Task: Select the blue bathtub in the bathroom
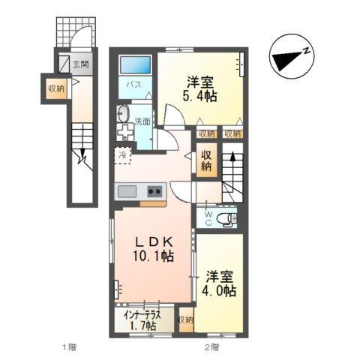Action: [x=136, y=65]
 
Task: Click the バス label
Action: [x=134, y=85]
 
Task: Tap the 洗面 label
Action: [x=142, y=120]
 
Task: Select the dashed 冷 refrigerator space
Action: [x=122, y=156]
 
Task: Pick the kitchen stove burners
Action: [x=154, y=190]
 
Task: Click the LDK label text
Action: [x=154, y=241]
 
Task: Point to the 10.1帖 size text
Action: [x=155, y=256]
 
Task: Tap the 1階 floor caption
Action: [x=68, y=346]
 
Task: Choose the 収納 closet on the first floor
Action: [x=56, y=89]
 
